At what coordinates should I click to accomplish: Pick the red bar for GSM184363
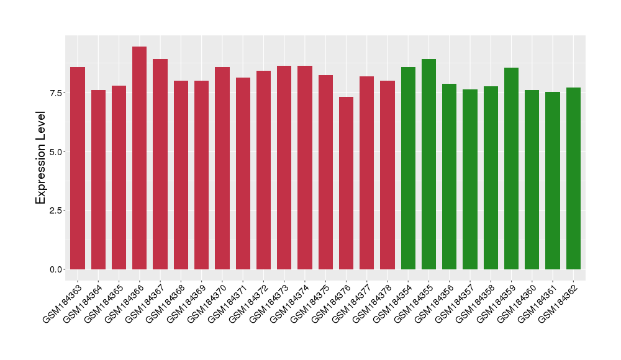tap(78, 168)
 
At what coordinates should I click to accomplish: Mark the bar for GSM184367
tap(160, 164)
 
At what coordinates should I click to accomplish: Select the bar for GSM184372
tap(263, 170)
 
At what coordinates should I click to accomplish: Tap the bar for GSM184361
tap(553, 181)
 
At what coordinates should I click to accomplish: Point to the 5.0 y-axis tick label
tap(55, 152)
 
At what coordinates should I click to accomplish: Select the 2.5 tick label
tap(55, 210)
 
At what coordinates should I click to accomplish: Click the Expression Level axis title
tap(41, 158)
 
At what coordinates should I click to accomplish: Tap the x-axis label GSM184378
tap(373, 302)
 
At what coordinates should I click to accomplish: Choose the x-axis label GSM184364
tap(84, 302)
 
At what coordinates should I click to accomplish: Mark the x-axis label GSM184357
tap(456, 302)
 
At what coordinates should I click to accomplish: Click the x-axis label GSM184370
tap(208, 302)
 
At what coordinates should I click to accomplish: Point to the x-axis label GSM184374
tap(291, 302)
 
